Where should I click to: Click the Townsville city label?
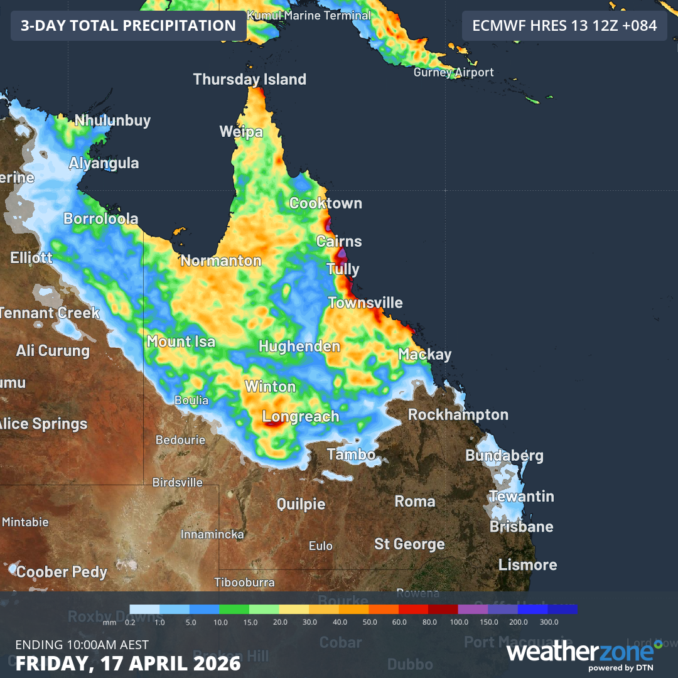[365, 303]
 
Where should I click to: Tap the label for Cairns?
[339, 241]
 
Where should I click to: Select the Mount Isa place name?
[181, 342]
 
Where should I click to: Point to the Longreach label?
[301, 416]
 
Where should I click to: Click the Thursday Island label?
[250, 79]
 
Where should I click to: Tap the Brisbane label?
[522, 526]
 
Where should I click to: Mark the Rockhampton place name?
[458, 414]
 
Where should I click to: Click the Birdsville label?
[178, 483]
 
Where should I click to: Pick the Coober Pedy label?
[62, 572]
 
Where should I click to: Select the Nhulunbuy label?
[113, 121]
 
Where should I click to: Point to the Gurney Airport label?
[454, 72]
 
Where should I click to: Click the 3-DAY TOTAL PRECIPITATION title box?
[128, 26]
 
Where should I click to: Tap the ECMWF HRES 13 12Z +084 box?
[564, 26]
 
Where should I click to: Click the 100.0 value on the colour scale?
[459, 621]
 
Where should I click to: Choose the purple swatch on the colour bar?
[473, 609]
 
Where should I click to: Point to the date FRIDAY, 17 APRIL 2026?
[128, 663]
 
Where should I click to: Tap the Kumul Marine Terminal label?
[309, 15]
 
